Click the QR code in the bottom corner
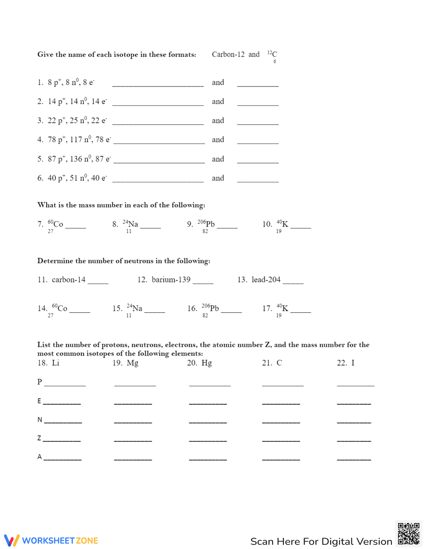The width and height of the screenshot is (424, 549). coord(408,533)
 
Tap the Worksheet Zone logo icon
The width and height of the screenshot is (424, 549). coord(11,540)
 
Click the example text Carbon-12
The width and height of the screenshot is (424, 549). coord(228,54)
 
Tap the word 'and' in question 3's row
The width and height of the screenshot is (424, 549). coord(218,120)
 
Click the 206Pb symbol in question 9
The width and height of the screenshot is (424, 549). coord(206,224)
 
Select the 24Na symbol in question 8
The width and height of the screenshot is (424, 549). coord(131,224)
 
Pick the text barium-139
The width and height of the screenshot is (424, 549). coord(171,280)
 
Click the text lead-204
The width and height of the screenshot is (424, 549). coord(266,280)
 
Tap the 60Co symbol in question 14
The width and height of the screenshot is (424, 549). coord(59,308)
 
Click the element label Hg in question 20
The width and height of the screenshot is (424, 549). coord(206,363)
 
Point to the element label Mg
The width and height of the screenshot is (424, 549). coord(132,363)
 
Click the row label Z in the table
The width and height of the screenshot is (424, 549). coord(39,438)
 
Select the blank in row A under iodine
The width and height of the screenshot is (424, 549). coord(354,457)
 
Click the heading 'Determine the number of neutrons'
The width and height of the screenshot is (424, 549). coord(123,261)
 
